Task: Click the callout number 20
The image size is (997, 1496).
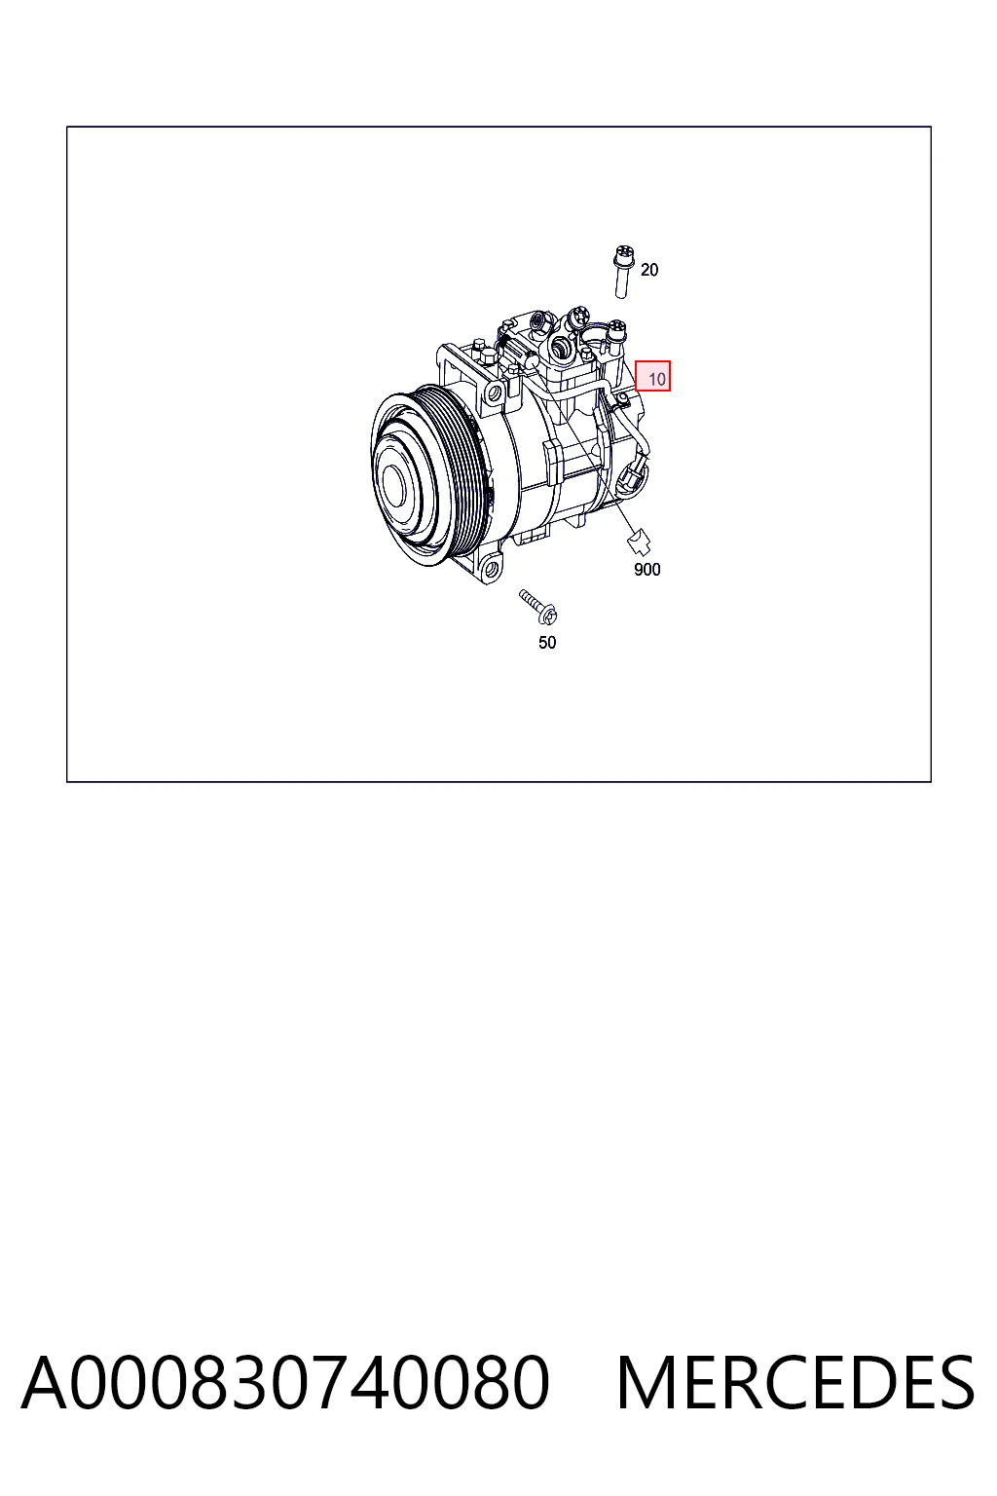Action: point(649,270)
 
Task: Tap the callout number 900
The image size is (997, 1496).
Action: point(646,570)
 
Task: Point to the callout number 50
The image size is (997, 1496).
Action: point(547,643)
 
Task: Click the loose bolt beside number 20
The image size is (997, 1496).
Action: point(623,273)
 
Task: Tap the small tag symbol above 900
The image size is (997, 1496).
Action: point(640,542)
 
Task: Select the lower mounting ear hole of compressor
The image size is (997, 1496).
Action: point(492,569)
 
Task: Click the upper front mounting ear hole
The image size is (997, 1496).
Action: point(495,393)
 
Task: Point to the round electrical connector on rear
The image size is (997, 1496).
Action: point(632,478)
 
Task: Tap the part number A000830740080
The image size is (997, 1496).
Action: point(285,1382)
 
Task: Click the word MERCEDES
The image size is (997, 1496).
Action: point(795,1382)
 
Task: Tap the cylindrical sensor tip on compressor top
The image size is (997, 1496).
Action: point(533,360)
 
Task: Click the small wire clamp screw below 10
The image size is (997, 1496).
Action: point(622,398)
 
